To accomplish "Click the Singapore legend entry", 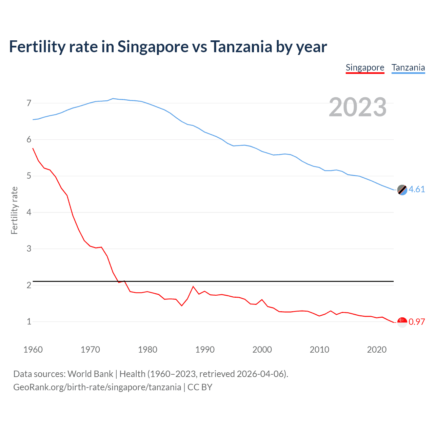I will tap(365, 68).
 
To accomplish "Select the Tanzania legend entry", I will tap(408, 68).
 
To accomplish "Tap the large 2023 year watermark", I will tap(357, 107).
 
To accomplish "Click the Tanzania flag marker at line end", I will tap(402, 190).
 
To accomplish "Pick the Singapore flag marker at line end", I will tap(402, 322).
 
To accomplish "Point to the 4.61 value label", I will tap(417, 189).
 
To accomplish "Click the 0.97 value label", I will tap(417, 322).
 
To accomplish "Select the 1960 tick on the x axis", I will tap(33, 350).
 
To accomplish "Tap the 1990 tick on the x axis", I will tap(205, 350).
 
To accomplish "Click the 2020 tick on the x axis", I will tap(377, 350).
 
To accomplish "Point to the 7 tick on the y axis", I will tap(29, 103).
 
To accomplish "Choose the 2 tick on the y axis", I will tap(29, 285).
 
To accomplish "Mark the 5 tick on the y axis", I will tap(29, 176).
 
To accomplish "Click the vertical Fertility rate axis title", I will tap(14, 210).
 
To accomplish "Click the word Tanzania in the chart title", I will tap(241, 46).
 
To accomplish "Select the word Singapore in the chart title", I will tap(153, 46).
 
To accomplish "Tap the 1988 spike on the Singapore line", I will tap(193, 287).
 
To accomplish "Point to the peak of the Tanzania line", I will tap(113, 98).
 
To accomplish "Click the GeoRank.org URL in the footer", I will tap(97, 387).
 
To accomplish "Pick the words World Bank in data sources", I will tap(90, 374).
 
